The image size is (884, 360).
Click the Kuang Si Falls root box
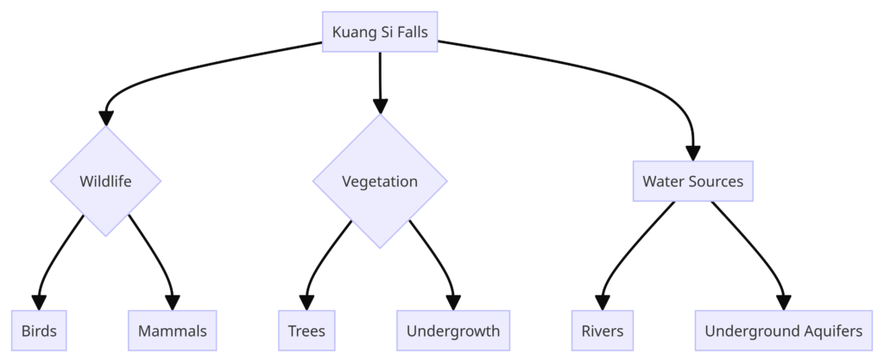(x=380, y=32)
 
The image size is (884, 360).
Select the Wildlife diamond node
(x=105, y=181)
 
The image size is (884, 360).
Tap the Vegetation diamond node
(x=380, y=181)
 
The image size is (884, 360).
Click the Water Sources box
(x=692, y=181)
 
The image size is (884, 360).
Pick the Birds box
(x=39, y=331)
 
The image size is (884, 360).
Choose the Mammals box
(x=172, y=331)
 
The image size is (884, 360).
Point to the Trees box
(x=306, y=331)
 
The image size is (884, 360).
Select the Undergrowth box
(x=452, y=331)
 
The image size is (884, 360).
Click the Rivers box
(x=602, y=331)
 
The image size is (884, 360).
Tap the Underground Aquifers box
(x=783, y=331)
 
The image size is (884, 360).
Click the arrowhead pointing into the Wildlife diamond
(x=105, y=118)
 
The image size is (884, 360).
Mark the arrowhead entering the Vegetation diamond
(x=380, y=106)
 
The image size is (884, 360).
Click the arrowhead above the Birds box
(x=39, y=303)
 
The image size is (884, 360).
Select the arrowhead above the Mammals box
(x=172, y=303)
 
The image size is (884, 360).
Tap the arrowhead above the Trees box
(x=306, y=303)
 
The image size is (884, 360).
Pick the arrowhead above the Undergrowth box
(x=452, y=303)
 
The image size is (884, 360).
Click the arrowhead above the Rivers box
(x=602, y=303)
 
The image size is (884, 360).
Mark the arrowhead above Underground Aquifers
(x=783, y=303)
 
